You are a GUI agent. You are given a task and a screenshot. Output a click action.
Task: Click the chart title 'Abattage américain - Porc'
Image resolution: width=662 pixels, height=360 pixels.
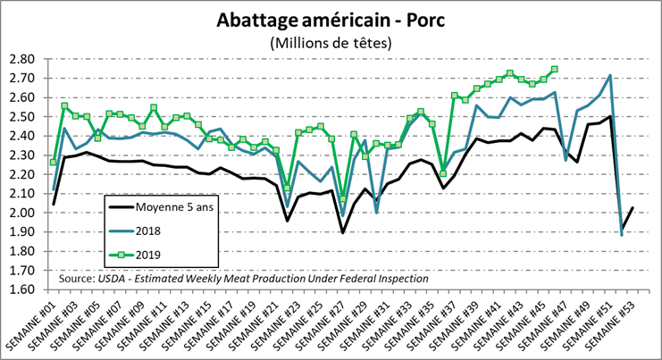point(330,20)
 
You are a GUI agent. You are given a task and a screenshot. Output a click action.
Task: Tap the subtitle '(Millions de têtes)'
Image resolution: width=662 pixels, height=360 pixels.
point(330,42)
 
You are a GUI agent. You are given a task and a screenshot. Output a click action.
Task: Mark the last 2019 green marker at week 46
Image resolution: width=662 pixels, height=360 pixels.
point(555,69)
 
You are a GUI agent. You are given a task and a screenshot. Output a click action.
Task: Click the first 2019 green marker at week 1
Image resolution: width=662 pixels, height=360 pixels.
point(54,162)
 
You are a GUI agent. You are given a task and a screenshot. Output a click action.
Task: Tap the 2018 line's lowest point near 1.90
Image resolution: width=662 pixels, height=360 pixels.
point(622,234)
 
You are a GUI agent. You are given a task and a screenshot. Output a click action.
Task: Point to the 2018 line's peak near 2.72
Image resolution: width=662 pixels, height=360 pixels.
point(610,76)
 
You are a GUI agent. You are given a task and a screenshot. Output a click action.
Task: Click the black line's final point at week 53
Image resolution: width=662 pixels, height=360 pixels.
point(633,207)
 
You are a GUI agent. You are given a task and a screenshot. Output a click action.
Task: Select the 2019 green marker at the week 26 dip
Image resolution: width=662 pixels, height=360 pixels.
point(343,198)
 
